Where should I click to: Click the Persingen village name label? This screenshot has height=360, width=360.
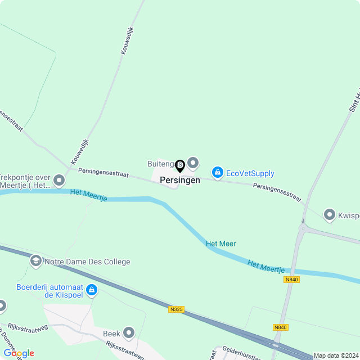coord(179,181)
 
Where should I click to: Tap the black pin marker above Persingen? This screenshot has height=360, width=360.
coord(180,166)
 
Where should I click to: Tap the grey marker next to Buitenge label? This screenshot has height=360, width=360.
coord(193,163)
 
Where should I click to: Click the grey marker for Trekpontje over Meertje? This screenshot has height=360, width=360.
coord(59,181)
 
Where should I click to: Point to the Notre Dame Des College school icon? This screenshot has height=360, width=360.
coord(36,260)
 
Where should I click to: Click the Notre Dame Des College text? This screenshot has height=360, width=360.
coord(87,262)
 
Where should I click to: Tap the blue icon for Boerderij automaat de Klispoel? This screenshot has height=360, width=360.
coord(92,290)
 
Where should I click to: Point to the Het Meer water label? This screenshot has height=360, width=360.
coord(221,244)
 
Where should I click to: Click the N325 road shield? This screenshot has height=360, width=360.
coord(176,309)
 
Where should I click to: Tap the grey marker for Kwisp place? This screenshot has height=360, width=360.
coord(329,214)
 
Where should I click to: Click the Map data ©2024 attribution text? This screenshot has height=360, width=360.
coord(336,355)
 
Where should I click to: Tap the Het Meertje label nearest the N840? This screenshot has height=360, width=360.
coord(265,265)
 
